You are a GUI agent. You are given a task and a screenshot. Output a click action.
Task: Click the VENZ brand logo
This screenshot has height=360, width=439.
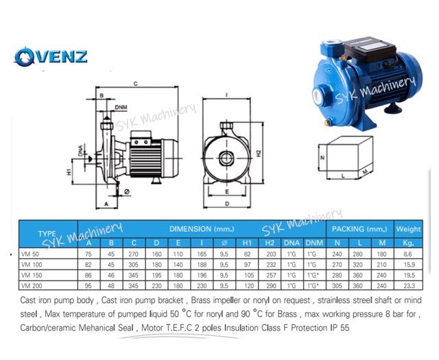coord(51,56)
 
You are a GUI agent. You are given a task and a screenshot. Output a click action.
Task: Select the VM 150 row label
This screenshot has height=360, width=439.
coord(32,276)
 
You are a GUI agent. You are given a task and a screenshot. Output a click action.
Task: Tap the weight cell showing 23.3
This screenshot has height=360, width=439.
coord(410,286)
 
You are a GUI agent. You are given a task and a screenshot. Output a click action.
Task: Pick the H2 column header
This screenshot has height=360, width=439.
coord(270,243)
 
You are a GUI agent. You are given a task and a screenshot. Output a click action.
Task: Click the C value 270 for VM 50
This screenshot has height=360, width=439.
coord(134,254)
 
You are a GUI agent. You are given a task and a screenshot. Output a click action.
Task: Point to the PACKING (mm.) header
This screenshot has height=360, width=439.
coord(359,229)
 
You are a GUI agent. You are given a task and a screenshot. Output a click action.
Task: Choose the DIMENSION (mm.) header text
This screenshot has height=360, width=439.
coord(202,229)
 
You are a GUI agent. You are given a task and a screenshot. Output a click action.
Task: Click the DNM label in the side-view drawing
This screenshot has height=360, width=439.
coord(121,108)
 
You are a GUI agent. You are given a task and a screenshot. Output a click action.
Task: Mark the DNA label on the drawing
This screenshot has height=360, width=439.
coord(81,150)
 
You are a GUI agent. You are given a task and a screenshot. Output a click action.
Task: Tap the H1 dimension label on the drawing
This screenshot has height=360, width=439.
coord(69,172)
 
